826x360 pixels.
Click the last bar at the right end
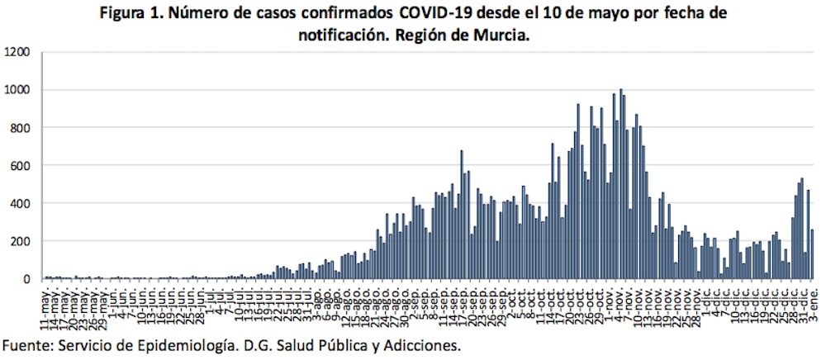(813, 254)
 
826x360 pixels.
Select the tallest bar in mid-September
(462, 215)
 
